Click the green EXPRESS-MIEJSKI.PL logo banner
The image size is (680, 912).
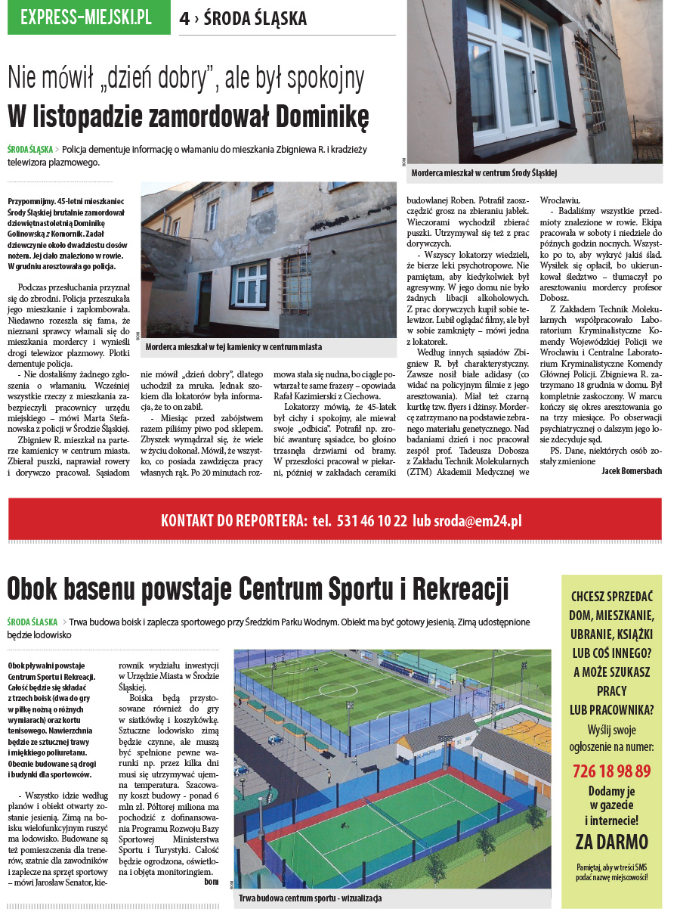pyautogui.click(x=88, y=18)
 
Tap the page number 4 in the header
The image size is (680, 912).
pyautogui.click(x=184, y=20)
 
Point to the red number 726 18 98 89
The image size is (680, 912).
pyautogui.click(x=611, y=771)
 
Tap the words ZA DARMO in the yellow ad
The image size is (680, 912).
pyautogui.click(x=611, y=842)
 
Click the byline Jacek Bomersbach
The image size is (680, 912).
pyautogui.click(x=632, y=470)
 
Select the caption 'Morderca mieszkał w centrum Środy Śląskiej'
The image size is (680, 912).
pyautogui.click(x=484, y=173)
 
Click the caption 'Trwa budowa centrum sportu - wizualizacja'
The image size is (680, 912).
pyautogui.click(x=311, y=898)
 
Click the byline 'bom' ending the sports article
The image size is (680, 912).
pyautogui.click(x=212, y=881)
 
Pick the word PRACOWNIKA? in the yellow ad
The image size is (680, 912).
pyautogui.click(x=611, y=709)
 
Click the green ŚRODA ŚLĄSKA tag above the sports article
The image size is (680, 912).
pyautogui.click(x=32, y=622)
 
